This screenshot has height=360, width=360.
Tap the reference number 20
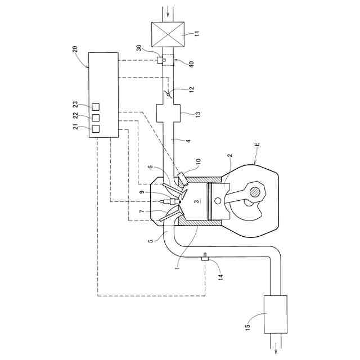(76, 49)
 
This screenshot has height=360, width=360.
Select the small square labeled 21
(96, 129)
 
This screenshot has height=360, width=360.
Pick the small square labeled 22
(96, 118)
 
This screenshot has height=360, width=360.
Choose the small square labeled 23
(96, 106)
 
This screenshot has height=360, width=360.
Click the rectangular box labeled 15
(276, 310)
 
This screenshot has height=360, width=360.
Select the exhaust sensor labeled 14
(204, 258)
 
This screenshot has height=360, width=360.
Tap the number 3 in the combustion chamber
(195, 201)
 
